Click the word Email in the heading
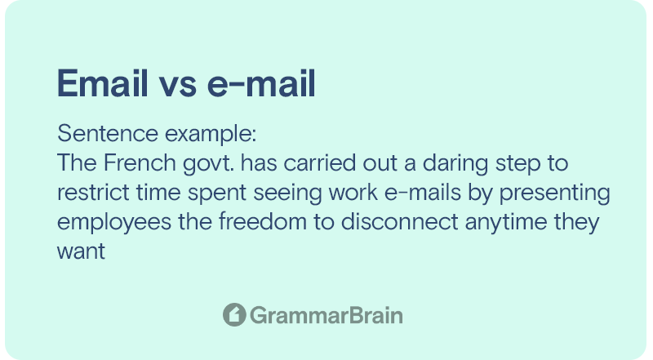click(x=103, y=83)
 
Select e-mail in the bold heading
click(x=261, y=83)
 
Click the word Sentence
click(x=108, y=133)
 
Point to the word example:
click(x=211, y=134)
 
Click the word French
click(x=140, y=162)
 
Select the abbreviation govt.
click(x=208, y=164)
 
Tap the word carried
click(x=320, y=162)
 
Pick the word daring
click(x=455, y=164)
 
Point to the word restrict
click(x=93, y=193)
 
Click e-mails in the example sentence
click(x=423, y=193)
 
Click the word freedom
click(x=263, y=222)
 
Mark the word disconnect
click(x=400, y=222)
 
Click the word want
click(x=81, y=251)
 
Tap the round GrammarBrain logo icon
click(x=234, y=314)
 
